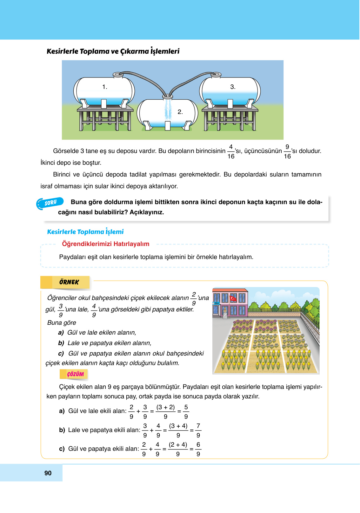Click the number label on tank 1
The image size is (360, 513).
coord(105,87)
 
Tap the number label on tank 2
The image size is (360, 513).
coord(180,112)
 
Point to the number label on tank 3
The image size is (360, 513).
coord(233,87)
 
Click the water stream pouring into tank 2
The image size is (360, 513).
coord(168,110)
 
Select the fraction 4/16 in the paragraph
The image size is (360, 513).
coord(231,151)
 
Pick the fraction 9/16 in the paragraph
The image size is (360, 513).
coord(287,151)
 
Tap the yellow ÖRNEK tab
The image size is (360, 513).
coord(69,282)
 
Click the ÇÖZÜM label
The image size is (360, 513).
coord(75,374)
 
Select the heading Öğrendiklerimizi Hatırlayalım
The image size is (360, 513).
coord(105,244)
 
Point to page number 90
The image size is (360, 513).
coord(48,473)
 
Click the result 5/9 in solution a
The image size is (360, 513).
coord(186,412)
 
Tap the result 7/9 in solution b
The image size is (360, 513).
coord(198,430)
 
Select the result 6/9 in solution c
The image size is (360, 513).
coord(198,449)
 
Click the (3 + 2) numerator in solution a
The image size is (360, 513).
coord(165,407)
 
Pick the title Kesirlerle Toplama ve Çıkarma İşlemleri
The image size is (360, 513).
coord(113,51)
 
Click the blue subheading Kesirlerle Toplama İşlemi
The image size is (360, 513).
coord(85,232)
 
